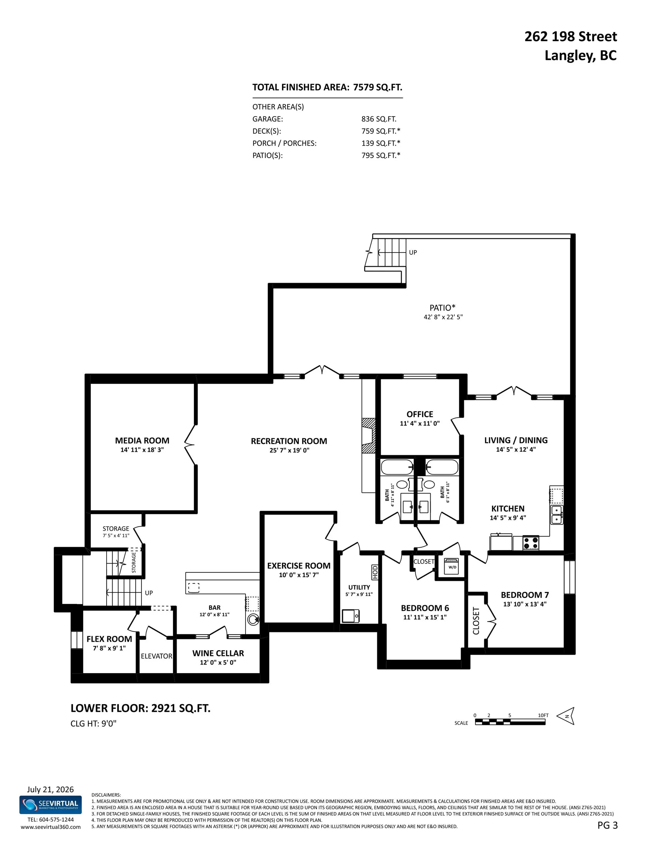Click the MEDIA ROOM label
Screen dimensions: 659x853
tap(142, 441)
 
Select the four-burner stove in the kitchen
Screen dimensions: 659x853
tap(531, 543)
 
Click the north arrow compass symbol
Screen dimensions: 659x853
tap(566, 716)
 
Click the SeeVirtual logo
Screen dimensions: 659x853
tap(50, 805)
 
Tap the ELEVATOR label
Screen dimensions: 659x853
tap(157, 656)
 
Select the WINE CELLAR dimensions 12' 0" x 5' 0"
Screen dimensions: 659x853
tap(218, 662)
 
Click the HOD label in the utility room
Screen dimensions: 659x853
tap(375, 572)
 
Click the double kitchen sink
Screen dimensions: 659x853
tap(557, 515)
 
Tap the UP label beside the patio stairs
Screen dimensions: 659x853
tap(413, 252)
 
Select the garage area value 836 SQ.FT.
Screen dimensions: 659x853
tap(379, 119)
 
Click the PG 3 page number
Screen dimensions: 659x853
tap(608, 825)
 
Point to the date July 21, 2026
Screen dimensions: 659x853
tap(50, 789)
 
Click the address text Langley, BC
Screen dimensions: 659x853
tap(581, 56)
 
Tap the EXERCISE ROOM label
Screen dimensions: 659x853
tap(299, 566)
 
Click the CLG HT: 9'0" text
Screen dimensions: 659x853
tap(93, 723)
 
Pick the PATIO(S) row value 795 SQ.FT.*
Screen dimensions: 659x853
tap(381, 155)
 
